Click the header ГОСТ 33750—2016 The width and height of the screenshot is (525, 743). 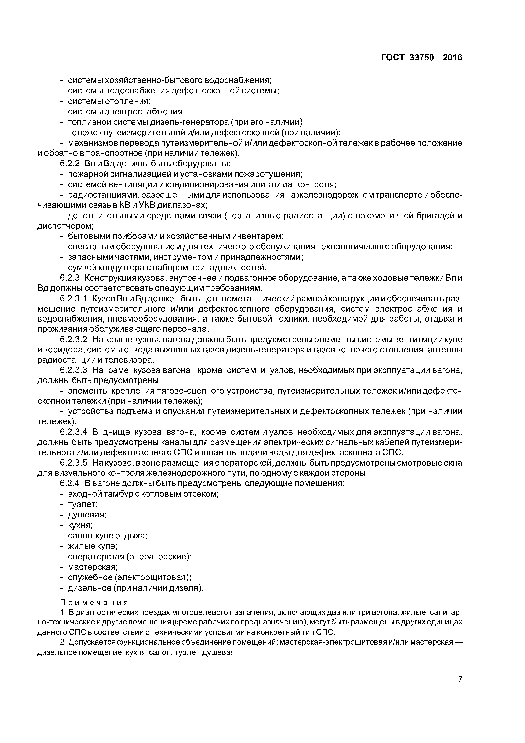coord(421,58)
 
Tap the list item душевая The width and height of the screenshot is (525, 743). coord(87,514)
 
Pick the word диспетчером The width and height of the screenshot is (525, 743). coord(65,226)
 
